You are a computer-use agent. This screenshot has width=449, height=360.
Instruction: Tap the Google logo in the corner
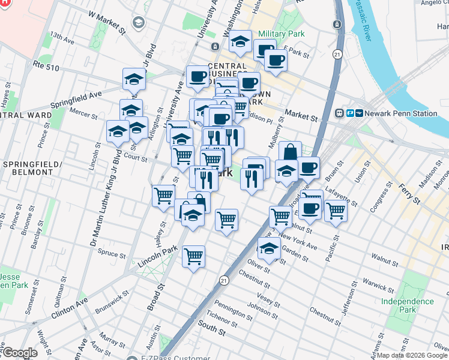19,353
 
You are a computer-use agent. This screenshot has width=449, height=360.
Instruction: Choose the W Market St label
106,22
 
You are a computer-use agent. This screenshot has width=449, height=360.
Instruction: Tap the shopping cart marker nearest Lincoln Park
193,257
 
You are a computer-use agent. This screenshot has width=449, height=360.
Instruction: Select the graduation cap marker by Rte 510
134,79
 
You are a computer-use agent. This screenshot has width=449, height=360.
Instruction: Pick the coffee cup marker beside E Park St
276,60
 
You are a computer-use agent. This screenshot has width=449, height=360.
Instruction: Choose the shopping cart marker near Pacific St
336,211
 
